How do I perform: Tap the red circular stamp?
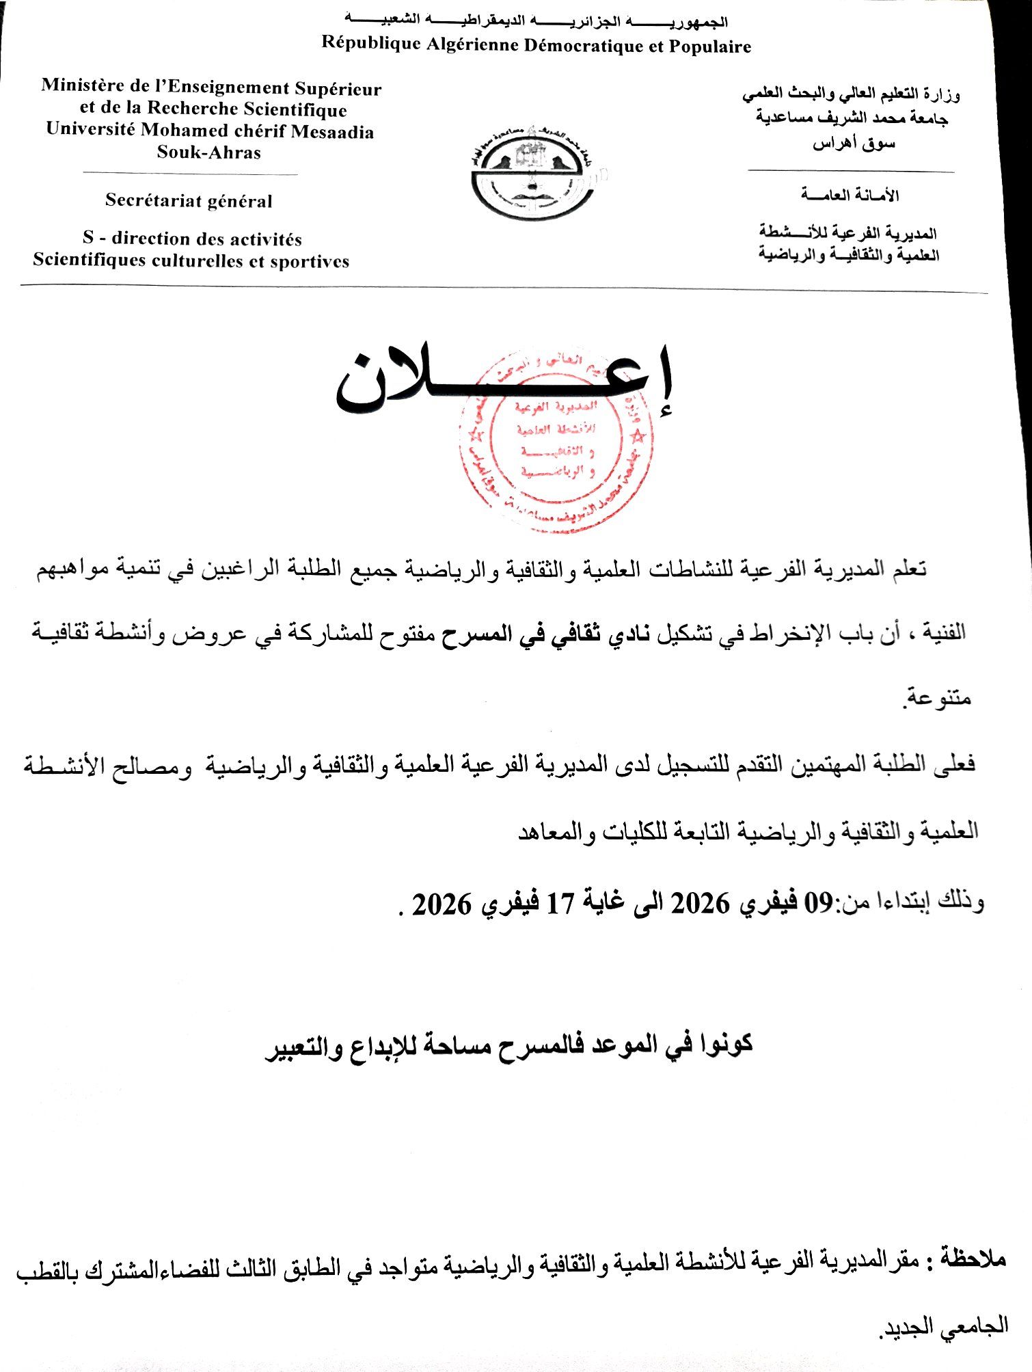(555, 441)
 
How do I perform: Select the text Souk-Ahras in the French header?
(209, 152)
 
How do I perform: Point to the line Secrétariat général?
(189, 201)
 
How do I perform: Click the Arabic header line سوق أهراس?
(854, 144)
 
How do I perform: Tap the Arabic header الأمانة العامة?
(850, 196)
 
